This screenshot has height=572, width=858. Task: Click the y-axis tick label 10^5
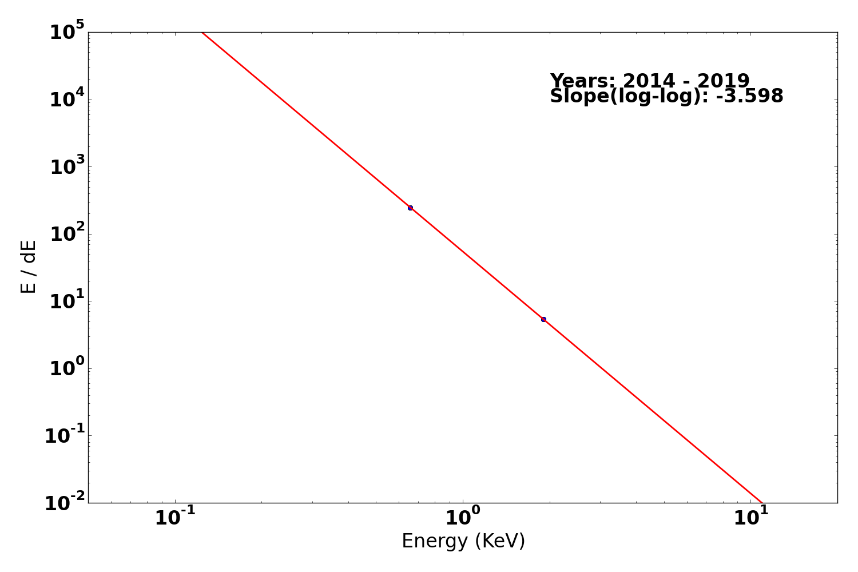tap(67, 31)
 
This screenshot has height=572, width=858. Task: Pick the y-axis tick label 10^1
tap(67, 300)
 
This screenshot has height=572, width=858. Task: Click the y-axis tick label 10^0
tap(67, 368)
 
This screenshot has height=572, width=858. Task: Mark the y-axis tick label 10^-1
tap(65, 435)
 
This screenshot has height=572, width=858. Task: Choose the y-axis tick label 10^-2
tap(65, 503)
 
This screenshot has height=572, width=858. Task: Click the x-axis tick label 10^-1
tap(175, 517)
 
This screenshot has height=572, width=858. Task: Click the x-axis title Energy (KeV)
tap(463, 541)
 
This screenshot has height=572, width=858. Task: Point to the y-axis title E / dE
tap(29, 267)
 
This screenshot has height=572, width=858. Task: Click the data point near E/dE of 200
tap(410, 208)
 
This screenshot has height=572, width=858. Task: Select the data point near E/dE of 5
tap(543, 319)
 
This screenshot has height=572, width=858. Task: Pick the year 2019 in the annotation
tap(723, 81)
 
